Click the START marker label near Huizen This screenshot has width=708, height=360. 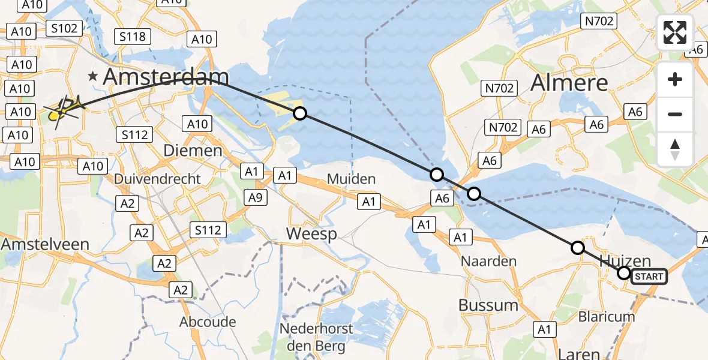[649, 277]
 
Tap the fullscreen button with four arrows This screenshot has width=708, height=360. [675, 32]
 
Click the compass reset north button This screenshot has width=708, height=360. [675, 149]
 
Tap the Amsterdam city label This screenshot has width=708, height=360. [166, 77]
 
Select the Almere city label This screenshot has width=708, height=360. [569, 83]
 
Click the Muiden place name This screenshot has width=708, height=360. [351, 179]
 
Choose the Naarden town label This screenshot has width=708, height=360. [488, 262]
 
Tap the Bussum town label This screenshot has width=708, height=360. [488, 305]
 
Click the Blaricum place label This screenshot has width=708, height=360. [606, 316]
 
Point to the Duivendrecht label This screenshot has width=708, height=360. [157, 179]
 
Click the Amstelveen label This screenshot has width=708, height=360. [45, 244]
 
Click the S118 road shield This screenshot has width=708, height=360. [132, 37]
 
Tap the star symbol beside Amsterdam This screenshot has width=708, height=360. [92, 77]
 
